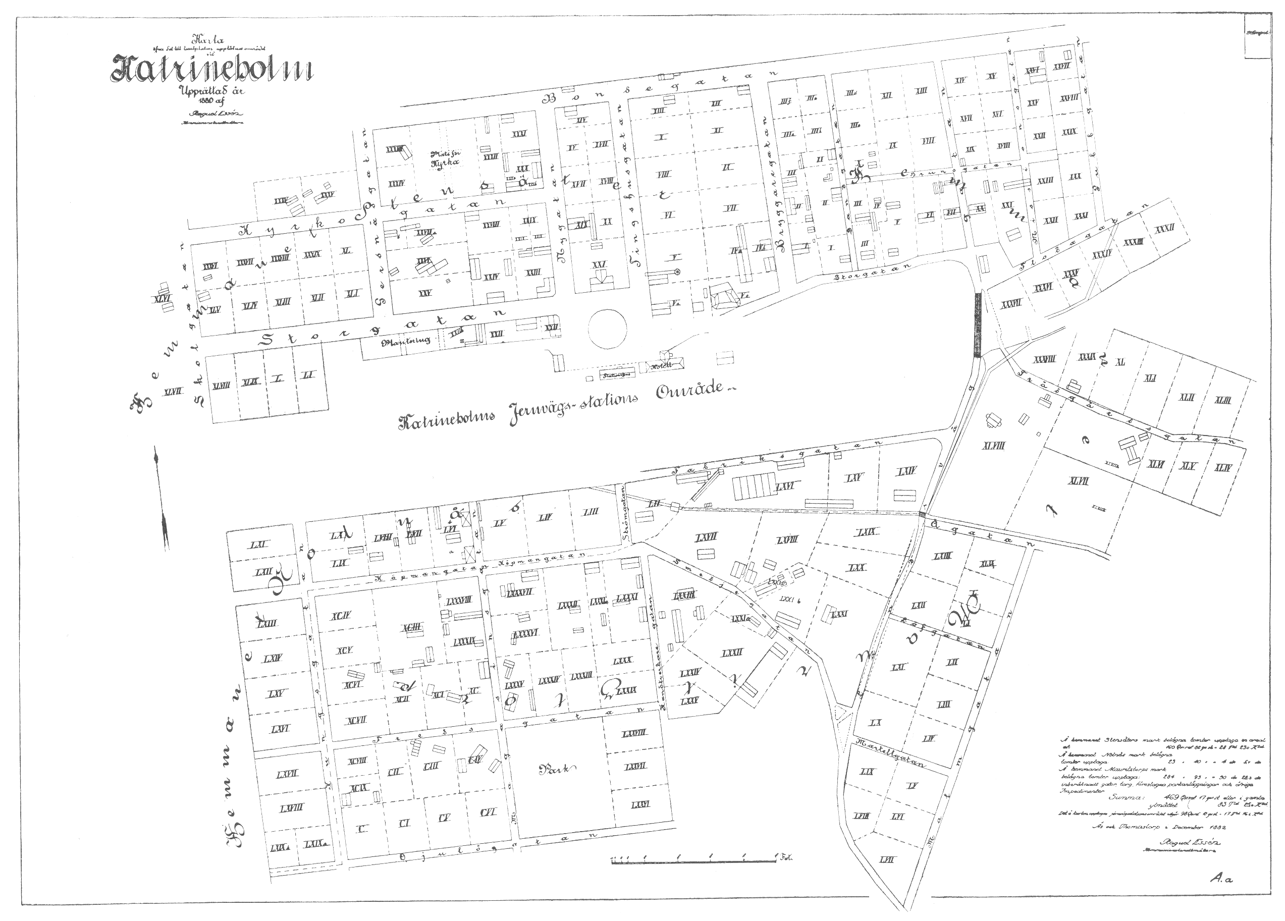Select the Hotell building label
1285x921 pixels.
pos(664,366)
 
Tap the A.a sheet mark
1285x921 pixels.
pos(1221,879)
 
